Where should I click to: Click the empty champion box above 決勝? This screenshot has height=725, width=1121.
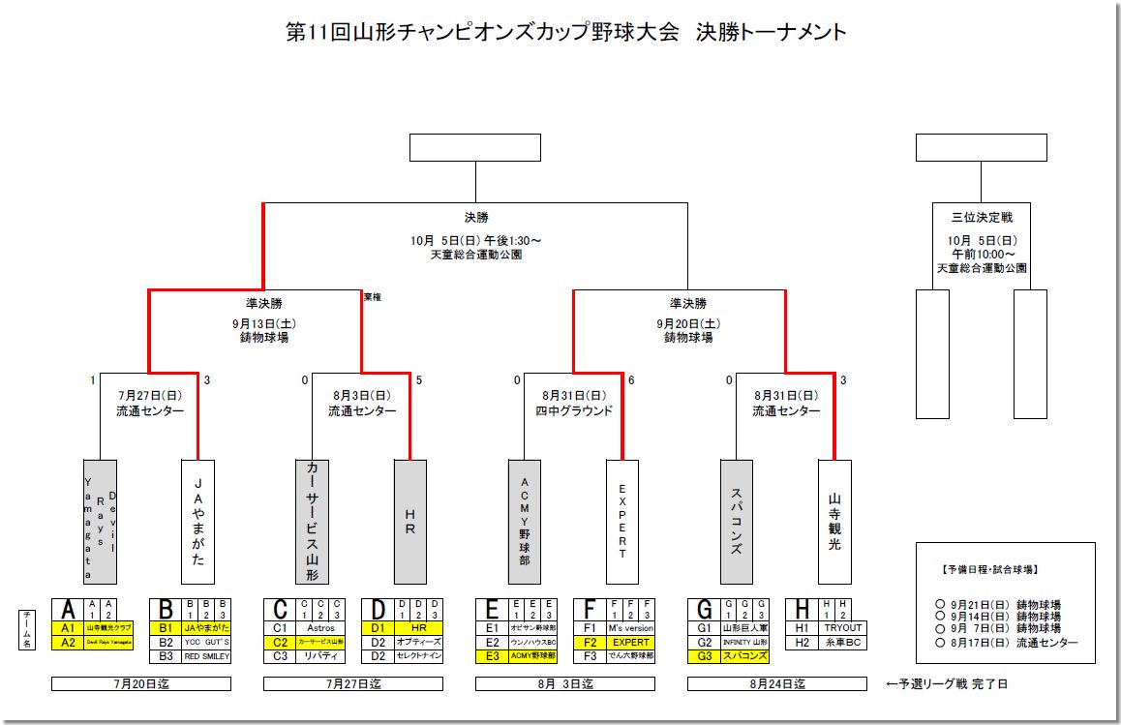474,148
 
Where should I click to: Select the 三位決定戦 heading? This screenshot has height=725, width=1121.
982,218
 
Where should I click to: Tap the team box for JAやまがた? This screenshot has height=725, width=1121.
198,522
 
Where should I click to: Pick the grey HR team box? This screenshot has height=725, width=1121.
409,522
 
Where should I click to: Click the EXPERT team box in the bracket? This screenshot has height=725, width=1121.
621,522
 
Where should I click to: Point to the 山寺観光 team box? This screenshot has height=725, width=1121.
833,522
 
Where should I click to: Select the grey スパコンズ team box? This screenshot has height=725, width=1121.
736,522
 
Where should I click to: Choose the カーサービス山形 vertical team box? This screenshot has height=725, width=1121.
312,522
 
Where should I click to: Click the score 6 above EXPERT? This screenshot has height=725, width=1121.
631,380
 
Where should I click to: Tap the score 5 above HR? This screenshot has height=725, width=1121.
419,380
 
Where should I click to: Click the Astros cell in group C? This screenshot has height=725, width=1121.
320,628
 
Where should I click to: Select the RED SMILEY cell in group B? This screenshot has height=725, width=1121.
205,655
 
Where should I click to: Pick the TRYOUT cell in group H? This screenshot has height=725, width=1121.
841,628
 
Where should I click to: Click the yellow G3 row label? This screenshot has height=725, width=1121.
704,655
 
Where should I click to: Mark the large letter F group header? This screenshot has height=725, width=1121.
589,609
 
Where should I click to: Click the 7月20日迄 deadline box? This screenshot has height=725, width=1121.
140,683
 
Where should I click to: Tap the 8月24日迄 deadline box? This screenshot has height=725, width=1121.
776,683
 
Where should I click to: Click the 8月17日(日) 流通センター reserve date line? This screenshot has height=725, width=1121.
1007,643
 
